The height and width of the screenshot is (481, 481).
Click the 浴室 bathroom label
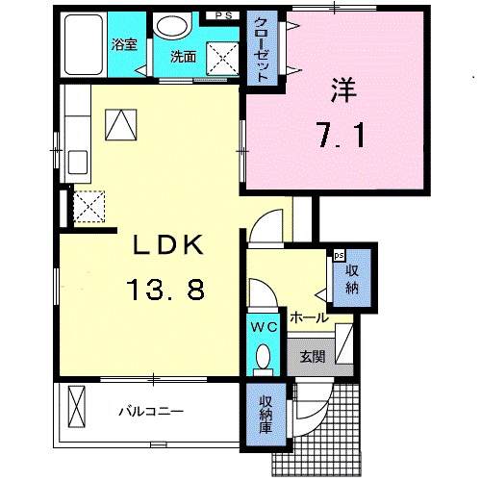pos(124,44)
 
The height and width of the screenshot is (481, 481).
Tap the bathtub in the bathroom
pos(84,44)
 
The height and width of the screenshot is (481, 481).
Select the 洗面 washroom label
pos(183,57)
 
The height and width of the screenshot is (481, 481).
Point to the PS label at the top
pos(223,15)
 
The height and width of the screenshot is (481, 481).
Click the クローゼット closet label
pos(262,50)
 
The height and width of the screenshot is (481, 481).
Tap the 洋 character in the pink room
pos(343,90)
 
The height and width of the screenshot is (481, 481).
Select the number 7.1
pos(342,136)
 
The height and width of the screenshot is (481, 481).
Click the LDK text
pos(168,244)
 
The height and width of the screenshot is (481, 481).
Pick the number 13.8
pos(165,290)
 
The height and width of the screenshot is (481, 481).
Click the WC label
pos(264,327)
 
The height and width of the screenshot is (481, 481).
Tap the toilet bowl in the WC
pos(264,356)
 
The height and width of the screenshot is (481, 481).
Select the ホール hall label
pos(310,317)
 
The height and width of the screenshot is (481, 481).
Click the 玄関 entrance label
pos(313,357)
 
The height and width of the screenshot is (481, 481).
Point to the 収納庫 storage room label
pos(266,415)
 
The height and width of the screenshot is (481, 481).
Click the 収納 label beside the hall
pos(352,279)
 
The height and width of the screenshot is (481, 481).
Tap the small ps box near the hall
pos(339,256)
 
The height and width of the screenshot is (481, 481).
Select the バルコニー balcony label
pos(151,411)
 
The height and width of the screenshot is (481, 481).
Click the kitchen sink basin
pos(78,162)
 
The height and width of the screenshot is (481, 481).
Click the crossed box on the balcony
pos(77,406)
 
